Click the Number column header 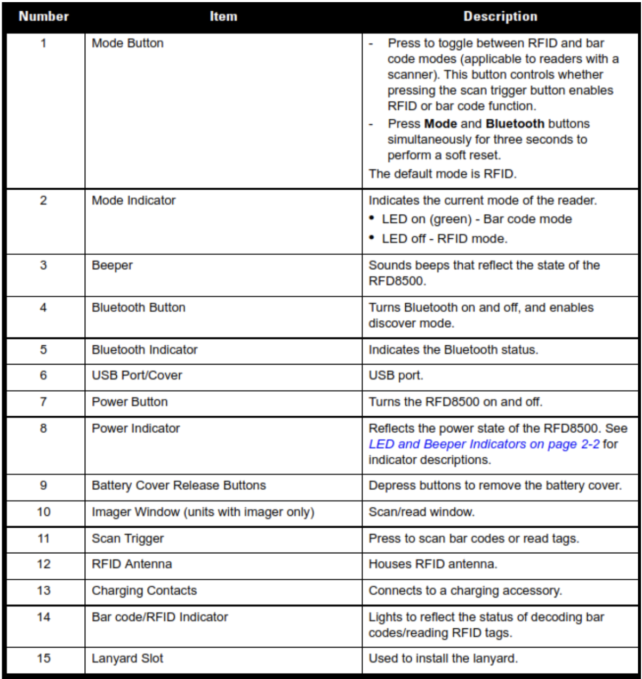(44, 17)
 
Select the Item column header (223, 17)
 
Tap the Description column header (500, 17)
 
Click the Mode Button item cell (127, 43)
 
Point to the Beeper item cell (112, 265)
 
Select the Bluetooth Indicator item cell (145, 350)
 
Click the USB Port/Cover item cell (137, 375)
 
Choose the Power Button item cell (130, 401)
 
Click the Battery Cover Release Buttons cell (179, 486)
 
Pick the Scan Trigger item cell (128, 538)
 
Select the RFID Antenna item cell (132, 564)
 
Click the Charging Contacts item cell (144, 591)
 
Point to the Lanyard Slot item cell (127, 658)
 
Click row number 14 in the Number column (44, 617)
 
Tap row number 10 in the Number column (44, 512)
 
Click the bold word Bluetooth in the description (515, 124)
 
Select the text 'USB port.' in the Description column (396, 375)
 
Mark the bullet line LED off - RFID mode (444, 239)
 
